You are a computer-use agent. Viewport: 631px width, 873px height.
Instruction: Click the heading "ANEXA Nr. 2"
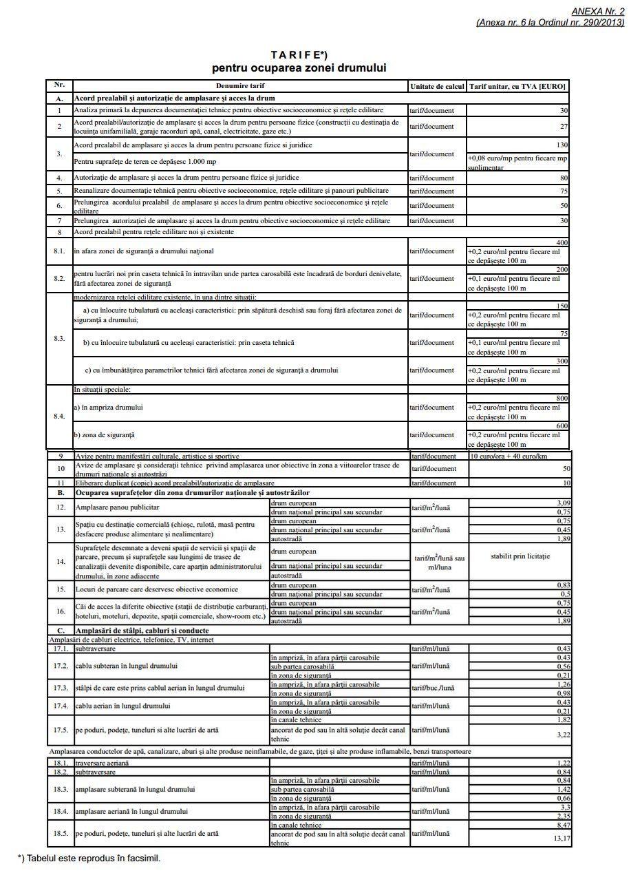tap(598, 12)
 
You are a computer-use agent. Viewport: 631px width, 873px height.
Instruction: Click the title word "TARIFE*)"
tap(299, 54)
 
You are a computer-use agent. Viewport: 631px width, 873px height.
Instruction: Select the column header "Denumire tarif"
tap(240, 86)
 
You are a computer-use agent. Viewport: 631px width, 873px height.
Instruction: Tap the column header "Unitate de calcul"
tap(437, 87)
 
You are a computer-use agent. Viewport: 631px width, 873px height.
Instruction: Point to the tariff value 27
tap(564, 127)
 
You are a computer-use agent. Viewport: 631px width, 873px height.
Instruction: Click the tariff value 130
tap(562, 145)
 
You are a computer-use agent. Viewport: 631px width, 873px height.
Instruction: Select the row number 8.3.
tap(59, 339)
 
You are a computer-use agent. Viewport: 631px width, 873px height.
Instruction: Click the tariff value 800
tap(562, 399)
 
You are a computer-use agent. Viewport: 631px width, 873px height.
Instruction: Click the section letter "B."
tap(60, 493)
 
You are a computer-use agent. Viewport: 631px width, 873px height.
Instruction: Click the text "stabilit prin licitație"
tap(520, 556)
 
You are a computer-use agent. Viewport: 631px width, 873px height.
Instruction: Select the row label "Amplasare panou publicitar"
tap(117, 507)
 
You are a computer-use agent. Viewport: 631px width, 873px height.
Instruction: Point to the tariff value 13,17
tap(561, 838)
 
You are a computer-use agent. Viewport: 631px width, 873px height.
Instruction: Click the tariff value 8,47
tap(562, 824)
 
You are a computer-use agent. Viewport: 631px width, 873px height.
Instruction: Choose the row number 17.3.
tap(61, 688)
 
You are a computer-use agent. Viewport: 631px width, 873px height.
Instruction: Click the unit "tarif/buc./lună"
tap(434, 688)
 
